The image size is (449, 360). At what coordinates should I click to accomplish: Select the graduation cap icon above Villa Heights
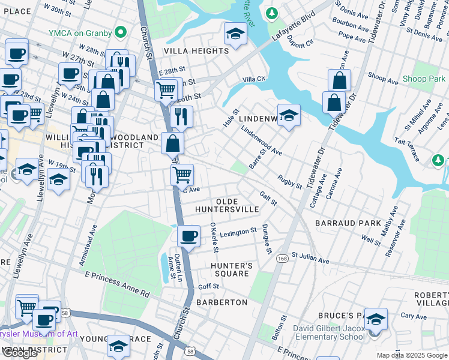click(236, 35)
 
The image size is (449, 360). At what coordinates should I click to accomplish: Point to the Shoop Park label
click(423, 79)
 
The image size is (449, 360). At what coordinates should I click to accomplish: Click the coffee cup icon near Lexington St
click(189, 235)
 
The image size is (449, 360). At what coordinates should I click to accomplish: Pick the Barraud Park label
click(348, 223)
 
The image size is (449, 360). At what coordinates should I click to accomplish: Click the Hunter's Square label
click(229, 269)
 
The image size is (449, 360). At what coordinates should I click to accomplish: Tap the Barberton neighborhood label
click(221, 302)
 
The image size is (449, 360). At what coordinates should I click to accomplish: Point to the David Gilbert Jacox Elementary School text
click(328, 332)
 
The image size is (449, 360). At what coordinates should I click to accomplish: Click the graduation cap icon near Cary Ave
click(376, 319)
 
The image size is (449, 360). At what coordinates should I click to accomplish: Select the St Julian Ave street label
click(310, 259)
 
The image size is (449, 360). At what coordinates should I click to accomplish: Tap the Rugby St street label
click(289, 182)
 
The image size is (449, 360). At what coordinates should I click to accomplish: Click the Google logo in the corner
click(20, 353)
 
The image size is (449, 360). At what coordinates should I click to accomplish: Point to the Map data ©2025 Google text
click(412, 355)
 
